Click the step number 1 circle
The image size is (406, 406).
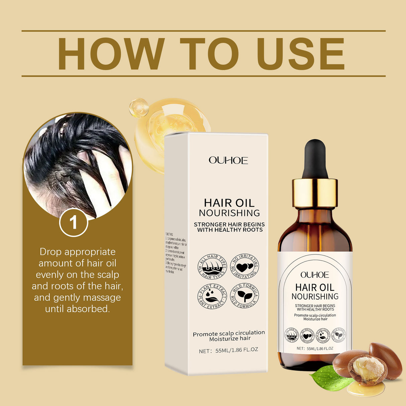pyautogui.click(x=74, y=222)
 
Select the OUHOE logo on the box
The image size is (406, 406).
pyautogui.click(x=228, y=161)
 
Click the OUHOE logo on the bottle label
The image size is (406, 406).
pyautogui.click(x=315, y=275)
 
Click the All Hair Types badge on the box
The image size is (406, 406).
pyautogui.click(x=212, y=267)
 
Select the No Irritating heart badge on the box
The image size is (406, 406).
pyautogui.click(x=245, y=267)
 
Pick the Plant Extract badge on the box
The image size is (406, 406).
pyautogui.click(x=212, y=296)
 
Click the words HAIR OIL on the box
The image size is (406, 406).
pyautogui.click(x=229, y=203)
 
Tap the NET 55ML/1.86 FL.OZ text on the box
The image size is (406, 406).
pyautogui.click(x=228, y=350)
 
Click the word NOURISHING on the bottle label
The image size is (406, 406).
pyautogui.click(x=315, y=297)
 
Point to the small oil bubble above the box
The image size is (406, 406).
pyautogui.click(x=138, y=108)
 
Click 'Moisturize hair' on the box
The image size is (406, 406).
pyautogui.click(x=230, y=339)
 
